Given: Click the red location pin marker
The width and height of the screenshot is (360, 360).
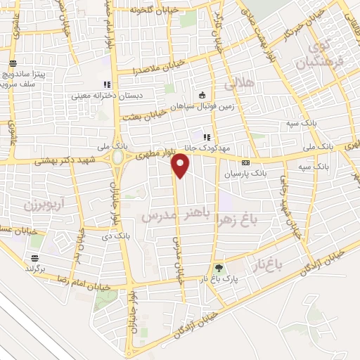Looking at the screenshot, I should tap(181, 166).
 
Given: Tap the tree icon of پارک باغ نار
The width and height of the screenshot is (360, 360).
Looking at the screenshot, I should tap(219, 268).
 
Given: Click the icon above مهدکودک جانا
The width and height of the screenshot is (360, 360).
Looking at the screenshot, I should tap(206, 137).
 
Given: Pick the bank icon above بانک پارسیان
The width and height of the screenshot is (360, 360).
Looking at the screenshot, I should tap(245, 162).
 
